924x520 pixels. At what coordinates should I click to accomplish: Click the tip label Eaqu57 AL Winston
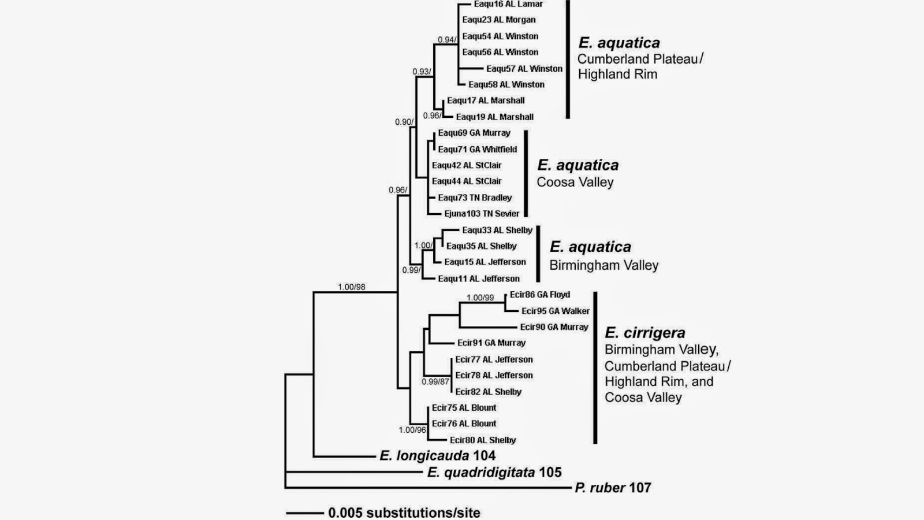[x=524, y=69]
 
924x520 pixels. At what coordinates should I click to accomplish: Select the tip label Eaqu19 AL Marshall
[x=494, y=117]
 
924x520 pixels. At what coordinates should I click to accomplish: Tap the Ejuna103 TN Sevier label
[x=482, y=213]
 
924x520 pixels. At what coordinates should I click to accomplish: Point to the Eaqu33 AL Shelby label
[x=497, y=230]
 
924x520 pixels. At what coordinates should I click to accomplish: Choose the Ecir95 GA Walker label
[x=555, y=311]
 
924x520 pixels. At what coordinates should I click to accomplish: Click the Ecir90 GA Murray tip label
[x=554, y=327]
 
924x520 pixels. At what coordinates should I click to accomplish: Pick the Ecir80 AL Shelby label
[x=483, y=440]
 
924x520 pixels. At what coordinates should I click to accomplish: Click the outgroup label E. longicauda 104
[x=437, y=456]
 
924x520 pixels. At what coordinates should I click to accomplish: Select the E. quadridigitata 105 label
[x=494, y=472]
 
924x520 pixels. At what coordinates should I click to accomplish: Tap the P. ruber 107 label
[x=613, y=488]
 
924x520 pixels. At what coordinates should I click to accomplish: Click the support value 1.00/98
[x=352, y=287]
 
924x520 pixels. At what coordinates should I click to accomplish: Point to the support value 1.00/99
[x=480, y=298]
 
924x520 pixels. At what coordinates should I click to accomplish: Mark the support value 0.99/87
[x=435, y=382]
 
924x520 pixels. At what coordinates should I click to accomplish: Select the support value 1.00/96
[x=412, y=430]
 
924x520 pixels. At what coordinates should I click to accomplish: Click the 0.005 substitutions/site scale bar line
[x=305, y=514]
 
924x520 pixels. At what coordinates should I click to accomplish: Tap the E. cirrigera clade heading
[x=644, y=332]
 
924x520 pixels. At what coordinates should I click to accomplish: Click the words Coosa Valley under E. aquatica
[x=575, y=182]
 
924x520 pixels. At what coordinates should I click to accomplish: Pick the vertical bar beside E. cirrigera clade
[x=595, y=367]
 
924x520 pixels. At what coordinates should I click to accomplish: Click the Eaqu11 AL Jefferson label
[x=479, y=278]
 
